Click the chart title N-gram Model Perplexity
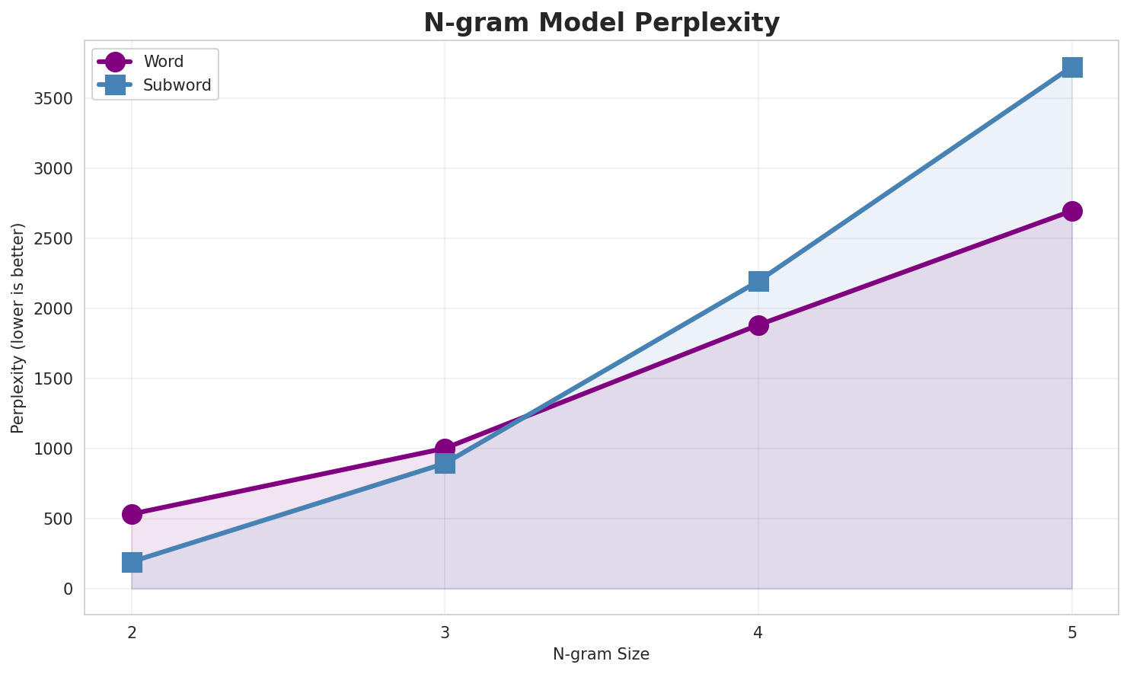point(601,23)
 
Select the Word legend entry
point(163,62)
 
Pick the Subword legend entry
point(177,85)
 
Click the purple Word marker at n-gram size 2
point(132,514)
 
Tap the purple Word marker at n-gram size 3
point(445,449)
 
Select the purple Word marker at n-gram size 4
point(758,325)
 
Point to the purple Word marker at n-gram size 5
point(1072,211)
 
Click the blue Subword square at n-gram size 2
point(132,562)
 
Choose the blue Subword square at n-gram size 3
point(445,463)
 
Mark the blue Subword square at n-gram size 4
point(758,281)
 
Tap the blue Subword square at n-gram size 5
point(1072,67)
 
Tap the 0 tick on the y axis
point(69,589)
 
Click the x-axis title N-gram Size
point(601,654)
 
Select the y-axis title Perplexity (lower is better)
point(18,327)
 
